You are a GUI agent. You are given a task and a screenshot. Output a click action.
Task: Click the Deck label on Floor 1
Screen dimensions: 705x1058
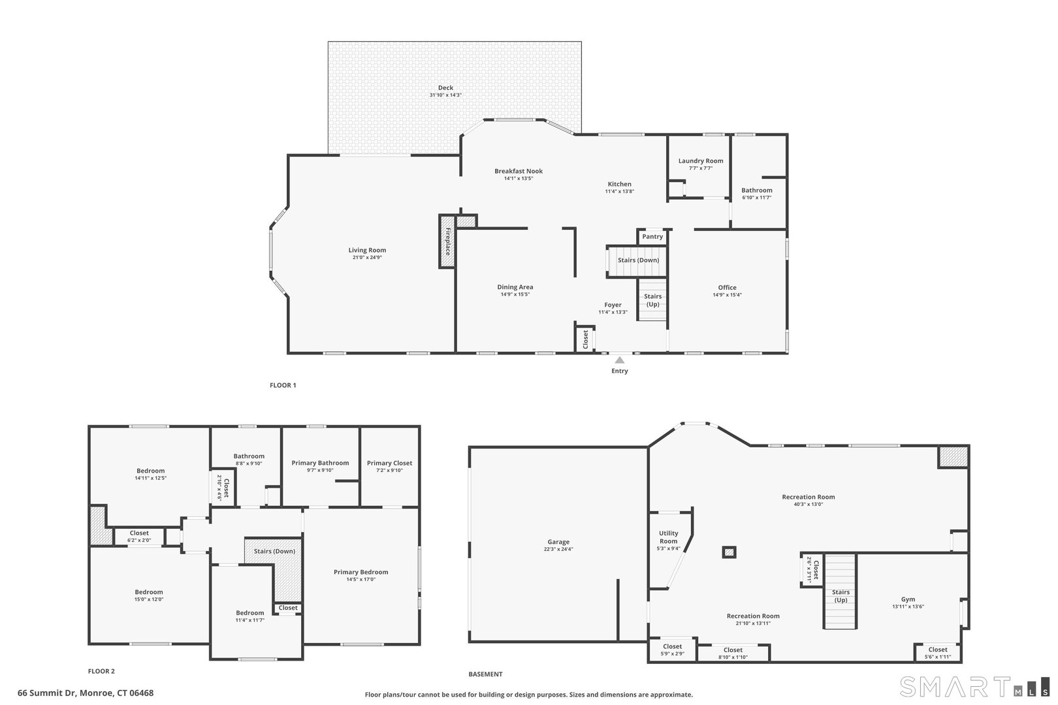coord(445,88)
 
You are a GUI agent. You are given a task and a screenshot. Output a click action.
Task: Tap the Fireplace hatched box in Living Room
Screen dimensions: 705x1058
coord(447,241)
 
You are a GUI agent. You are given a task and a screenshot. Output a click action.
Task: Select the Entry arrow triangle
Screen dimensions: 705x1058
coord(619,360)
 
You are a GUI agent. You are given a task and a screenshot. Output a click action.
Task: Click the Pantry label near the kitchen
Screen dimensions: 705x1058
coord(652,237)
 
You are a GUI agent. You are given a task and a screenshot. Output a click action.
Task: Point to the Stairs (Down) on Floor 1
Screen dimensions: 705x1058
coord(638,260)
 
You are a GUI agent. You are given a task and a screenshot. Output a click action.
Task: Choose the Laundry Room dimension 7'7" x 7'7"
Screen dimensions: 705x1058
coord(700,168)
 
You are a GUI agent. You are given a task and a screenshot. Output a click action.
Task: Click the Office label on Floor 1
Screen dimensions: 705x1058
coord(727,287)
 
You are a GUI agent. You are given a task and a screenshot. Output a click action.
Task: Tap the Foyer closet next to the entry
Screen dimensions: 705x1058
coord(585,338)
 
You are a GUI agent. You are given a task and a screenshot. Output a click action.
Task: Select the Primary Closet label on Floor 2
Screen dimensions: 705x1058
coord(389,463)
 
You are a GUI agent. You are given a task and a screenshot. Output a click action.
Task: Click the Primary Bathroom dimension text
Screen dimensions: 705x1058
coord(320,470)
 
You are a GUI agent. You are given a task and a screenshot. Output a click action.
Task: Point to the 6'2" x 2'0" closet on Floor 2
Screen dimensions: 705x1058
coord(139,536)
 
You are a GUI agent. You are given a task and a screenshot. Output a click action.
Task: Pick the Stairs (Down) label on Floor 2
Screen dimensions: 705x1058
coord(274,552)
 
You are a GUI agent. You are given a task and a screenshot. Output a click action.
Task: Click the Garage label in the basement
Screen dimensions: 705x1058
coord(558,542)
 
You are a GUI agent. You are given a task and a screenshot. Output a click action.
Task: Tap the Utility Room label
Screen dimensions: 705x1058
coord(668,537)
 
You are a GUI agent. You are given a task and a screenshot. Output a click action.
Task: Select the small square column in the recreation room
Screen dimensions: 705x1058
coord(729,552)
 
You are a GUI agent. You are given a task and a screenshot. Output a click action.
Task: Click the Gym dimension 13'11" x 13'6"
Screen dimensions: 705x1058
coord(908,606)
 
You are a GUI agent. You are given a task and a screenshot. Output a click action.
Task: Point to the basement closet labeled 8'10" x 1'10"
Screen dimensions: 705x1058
coord(733,653)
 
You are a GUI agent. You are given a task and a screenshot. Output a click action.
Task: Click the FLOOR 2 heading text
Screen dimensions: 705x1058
coord(101,671)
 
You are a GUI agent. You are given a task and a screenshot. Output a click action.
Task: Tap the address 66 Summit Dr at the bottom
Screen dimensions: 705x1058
coord(86,693)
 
